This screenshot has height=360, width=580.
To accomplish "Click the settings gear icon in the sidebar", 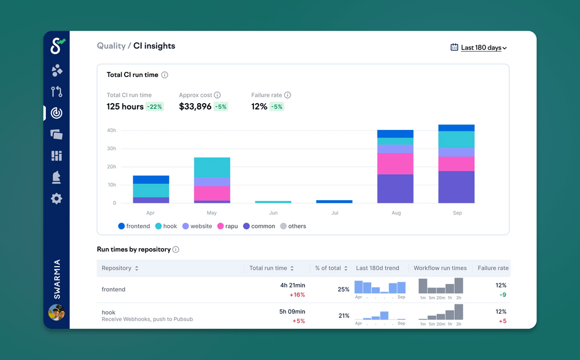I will pos(56,199).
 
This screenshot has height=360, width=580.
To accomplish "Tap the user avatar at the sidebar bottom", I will pos(56,312).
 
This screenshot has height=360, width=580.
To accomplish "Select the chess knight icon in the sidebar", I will pos(56,177).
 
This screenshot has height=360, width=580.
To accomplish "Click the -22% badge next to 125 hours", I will pos(154,107).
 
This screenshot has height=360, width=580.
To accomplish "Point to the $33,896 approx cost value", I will pos(195,107).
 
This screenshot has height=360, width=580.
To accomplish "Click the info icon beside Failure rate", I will pos(288,95).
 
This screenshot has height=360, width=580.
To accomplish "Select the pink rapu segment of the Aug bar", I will pos(395,163).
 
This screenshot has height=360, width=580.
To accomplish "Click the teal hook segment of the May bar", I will pos(212,167).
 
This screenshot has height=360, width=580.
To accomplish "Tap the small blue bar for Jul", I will pos(334,201).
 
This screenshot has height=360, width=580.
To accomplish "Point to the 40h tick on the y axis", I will pos(111,130).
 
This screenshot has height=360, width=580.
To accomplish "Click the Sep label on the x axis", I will pos(457,213).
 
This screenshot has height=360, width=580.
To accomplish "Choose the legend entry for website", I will pos(197,226).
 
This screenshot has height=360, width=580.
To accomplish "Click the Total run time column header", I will pos(268,268).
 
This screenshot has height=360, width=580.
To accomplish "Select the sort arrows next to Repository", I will pos(137,268).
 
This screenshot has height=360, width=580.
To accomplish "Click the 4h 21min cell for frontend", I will pos(293,285).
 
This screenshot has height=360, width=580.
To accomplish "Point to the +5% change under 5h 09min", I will pos(298,321).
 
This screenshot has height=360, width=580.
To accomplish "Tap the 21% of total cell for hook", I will pos(343,316).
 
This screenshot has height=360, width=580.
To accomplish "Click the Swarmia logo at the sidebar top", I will pos(57,46).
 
